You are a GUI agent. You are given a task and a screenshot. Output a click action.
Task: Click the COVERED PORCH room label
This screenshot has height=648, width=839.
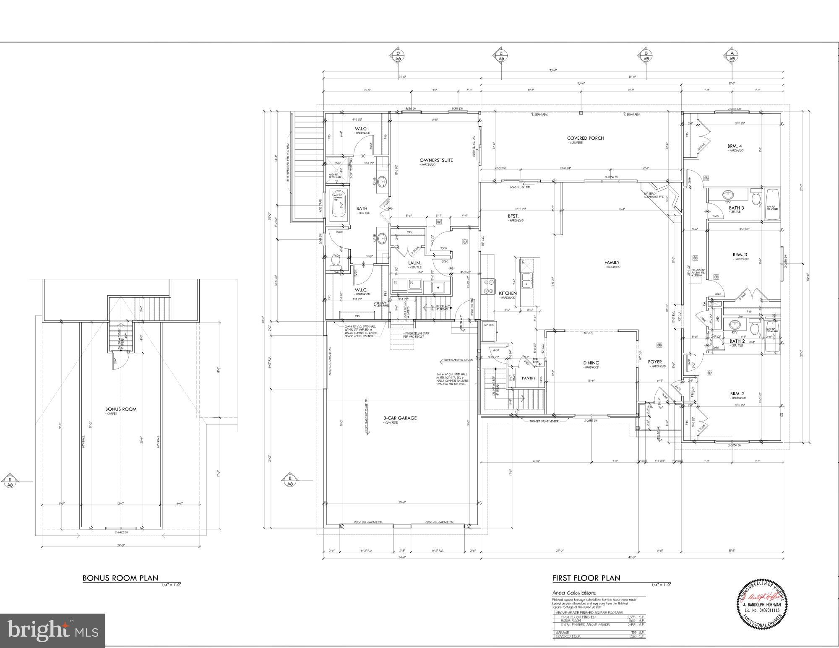click(x=585, y=138)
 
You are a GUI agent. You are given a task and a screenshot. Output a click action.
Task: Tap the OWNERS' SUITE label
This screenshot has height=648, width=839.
click(x=436, y=160)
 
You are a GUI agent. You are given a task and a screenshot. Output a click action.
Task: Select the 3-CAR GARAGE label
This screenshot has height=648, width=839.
click(x=400, y=418)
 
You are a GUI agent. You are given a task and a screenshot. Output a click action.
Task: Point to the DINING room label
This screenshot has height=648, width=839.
click(x=591, y=363)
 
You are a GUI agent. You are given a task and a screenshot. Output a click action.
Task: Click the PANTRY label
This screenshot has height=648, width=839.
click(x=529, y=378)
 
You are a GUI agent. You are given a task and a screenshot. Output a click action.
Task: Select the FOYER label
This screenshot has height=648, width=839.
click(x=654, y=362)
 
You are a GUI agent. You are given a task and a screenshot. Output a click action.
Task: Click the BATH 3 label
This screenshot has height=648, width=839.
click(x=736, y=208)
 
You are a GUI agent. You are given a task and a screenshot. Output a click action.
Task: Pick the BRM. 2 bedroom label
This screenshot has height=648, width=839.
click(x=737, y=393)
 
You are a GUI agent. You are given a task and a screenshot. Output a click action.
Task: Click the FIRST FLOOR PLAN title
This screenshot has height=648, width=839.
click(x=586, y=578)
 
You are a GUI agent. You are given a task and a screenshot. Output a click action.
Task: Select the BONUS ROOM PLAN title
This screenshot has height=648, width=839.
click(x=120, y=578)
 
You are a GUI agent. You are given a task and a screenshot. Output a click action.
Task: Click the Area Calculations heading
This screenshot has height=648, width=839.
click(x=574, y=593)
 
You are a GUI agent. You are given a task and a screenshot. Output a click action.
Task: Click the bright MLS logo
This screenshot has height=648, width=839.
click(x=52, y=630)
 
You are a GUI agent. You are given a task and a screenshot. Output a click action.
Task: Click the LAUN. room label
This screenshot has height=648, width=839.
click(x=414, y=263)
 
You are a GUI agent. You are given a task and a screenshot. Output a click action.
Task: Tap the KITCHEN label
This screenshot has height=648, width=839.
click(x=508, y=293)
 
